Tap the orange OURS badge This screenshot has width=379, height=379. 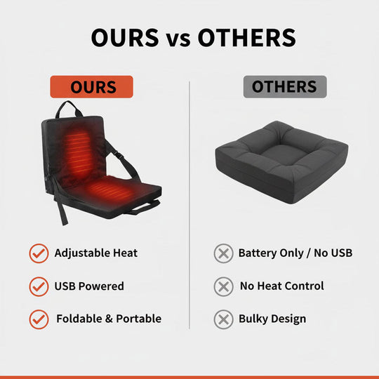(x=92, y=87)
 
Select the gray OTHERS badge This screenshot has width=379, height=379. (x=284, y=87)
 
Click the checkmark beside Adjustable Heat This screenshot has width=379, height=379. (x=39, y=253)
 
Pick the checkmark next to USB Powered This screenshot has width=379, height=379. (x=39, y=286)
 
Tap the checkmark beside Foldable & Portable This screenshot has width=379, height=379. (x=39, y=319)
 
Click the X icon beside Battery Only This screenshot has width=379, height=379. (x=223, y=253)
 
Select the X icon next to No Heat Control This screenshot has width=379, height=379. (x=223, y=286)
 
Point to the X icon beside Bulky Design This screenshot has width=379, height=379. (x=223, y=319)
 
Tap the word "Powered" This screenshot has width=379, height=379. (x=102, y=286)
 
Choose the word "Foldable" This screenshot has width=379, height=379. (x=79, y=319)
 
